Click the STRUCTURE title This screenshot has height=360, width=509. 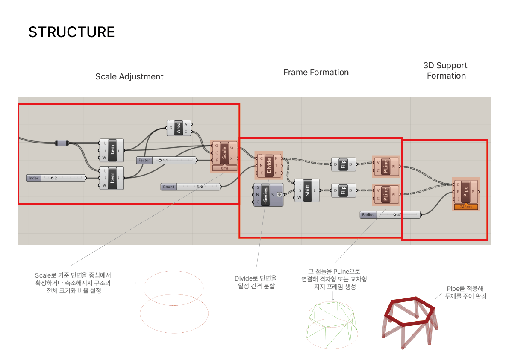(71, 32)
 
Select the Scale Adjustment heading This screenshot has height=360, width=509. (129, 77)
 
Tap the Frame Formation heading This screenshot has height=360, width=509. (316, 73)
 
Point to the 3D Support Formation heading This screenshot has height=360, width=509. (446, 71)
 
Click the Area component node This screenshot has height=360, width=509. (179, 128)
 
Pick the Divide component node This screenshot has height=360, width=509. (269, 165)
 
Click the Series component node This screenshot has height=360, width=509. (265, 195)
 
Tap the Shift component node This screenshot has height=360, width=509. (307, 190)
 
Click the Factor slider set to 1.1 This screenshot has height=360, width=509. (167, 160)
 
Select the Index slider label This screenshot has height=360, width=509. (34, 178)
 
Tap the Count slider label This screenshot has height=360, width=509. (168, 187)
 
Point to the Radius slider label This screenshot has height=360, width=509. (368, 215)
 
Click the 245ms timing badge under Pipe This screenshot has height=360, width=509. (466, 207)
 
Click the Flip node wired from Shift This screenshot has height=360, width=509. (343, 190)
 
